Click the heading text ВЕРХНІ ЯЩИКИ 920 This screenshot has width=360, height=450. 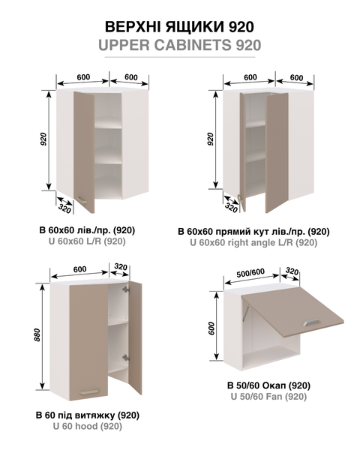(x=179, y=27)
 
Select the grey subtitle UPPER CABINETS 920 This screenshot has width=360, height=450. (x=180, y=45)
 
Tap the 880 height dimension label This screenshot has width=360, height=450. (x=37, y=334)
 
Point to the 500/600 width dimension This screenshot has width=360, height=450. (x=250, y=273)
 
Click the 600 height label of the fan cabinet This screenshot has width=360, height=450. (x=211, y=328)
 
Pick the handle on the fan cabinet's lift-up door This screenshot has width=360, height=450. (x=311, y=322)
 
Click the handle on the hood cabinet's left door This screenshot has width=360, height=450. (x=89, y=391)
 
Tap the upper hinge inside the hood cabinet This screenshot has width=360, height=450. (x=126, y=289)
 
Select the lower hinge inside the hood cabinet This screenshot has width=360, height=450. (x=126, y=358)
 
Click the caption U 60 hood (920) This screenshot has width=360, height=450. (x=88, y=426)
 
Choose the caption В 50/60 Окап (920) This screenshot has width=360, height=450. (x=268, y=385)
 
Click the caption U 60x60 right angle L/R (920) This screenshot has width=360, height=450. (x=253, y=242)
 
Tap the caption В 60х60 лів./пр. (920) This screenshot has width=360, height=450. (x=87, y=230)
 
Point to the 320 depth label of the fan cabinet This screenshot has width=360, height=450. (x=292, y=271)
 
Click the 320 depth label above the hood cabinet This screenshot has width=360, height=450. (x=121, y=267)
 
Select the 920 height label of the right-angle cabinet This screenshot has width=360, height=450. (x=211, y=139)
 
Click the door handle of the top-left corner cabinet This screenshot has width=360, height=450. (x=81, y=199)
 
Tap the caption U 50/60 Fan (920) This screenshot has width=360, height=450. (x=268, y=397)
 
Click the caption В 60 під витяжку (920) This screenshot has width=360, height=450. (x=88, y=415)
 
